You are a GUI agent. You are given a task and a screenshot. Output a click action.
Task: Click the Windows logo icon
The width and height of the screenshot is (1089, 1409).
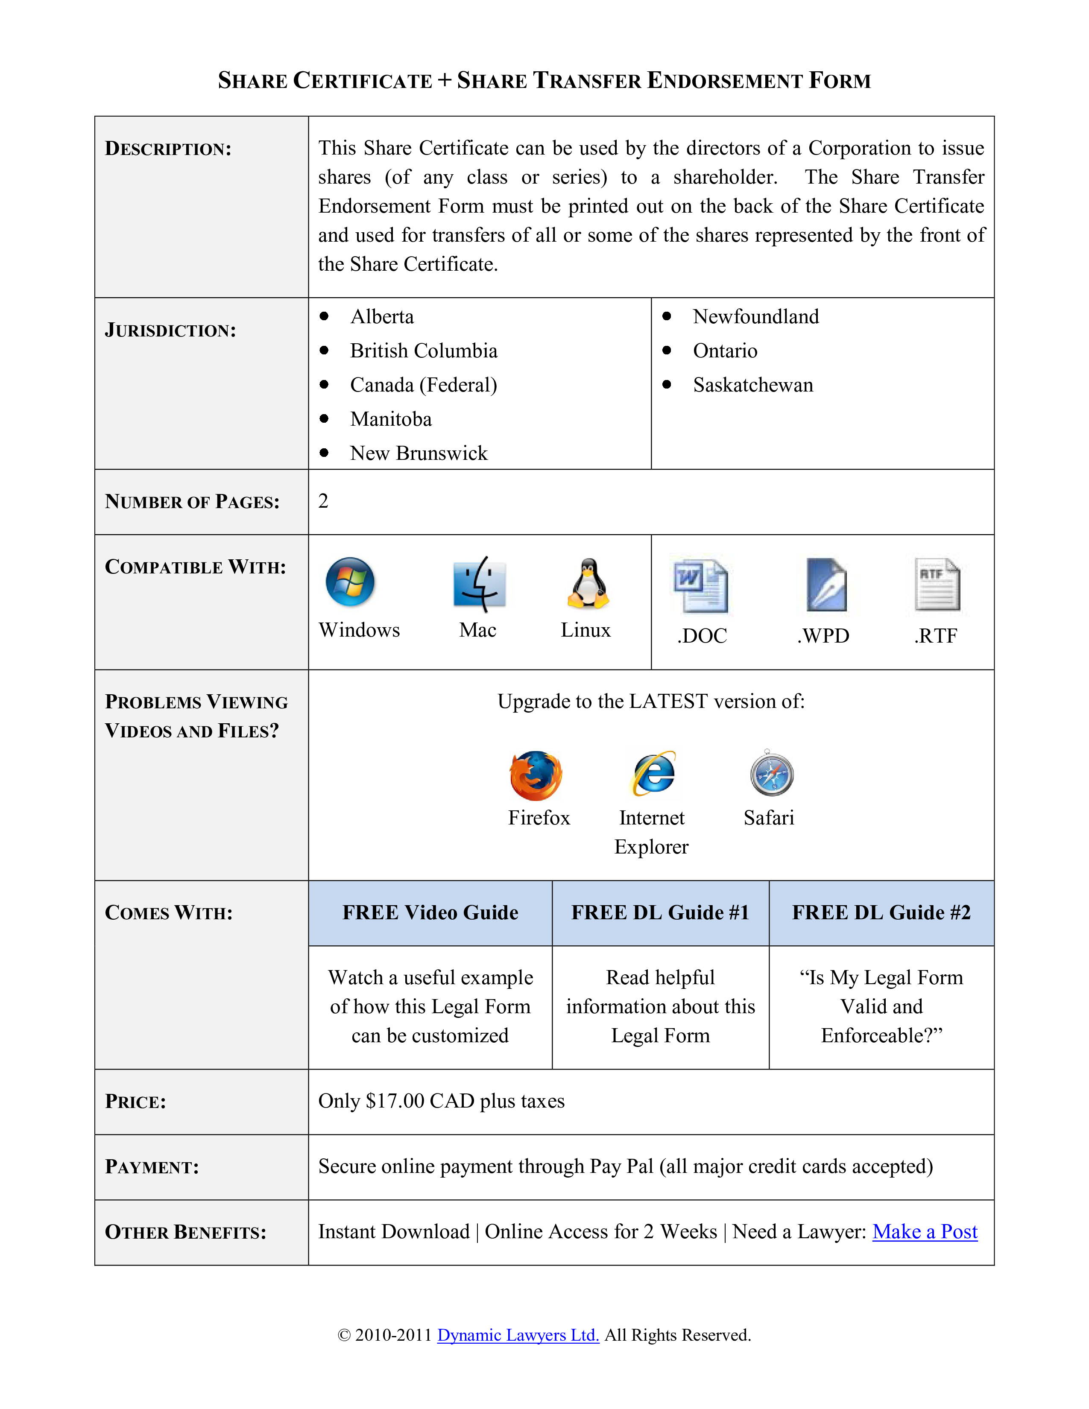tap(350, 582)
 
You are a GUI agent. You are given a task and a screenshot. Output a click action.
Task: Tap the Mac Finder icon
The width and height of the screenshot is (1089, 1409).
tap(479, 584)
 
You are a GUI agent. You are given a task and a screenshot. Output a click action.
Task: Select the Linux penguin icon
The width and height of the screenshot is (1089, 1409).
tap(588, 583)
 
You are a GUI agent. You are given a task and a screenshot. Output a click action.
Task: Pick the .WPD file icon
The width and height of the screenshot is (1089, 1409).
tap(826, 585)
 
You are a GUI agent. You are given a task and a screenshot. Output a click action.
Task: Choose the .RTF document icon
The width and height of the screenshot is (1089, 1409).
tap(937, 585)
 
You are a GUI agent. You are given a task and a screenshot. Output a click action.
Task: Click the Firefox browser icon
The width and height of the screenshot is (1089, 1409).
tap(536, 775)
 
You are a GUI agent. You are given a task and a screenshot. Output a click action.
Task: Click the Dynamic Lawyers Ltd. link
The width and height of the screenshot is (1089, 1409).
tap(518, 1335)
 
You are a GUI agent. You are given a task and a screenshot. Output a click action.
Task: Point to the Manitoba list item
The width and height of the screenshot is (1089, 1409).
tap(391, 419)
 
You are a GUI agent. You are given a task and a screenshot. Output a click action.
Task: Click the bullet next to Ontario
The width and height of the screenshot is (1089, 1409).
tap(667, 350)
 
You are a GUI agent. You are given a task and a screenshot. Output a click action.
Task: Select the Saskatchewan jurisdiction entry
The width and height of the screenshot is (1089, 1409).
tap(753, 385)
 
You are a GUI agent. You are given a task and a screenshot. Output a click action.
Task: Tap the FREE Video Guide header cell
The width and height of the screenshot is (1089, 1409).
tap(430, 913)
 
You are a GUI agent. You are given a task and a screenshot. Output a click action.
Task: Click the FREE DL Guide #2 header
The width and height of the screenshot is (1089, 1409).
tap(881, 913)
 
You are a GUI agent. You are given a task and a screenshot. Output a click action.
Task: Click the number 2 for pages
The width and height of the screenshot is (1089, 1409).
tap(323, 501)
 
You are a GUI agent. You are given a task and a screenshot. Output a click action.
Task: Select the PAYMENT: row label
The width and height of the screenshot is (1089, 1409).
tap(152, 1167)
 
